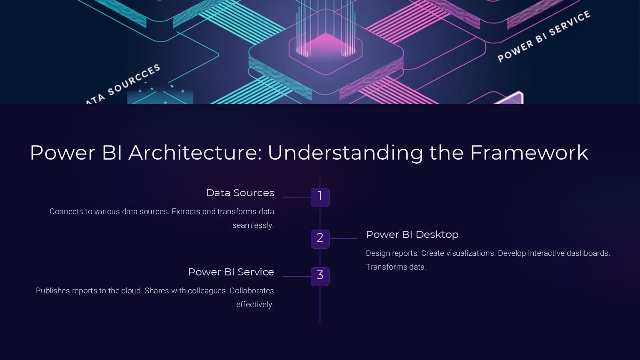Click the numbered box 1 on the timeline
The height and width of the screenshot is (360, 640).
(x=320, y=197)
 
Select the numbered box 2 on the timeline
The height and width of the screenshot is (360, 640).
(x=320, y=239)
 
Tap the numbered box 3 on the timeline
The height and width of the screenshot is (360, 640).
(x=320, y=276)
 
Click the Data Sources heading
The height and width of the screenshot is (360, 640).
(x=240, y=193)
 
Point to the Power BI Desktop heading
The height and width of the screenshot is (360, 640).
(x=412, y=235)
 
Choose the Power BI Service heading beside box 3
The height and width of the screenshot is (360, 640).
(x=231, y=272)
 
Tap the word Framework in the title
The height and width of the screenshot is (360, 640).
(x=529, y=152)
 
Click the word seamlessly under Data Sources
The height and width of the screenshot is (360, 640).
(x=253, y=225)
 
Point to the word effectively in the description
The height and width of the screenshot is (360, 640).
(x=255, y=305)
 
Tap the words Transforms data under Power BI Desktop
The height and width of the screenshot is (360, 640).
(x=396, y=267)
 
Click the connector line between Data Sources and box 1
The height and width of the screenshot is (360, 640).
(x=297, y=197)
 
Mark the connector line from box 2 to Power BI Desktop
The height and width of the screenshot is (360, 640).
(x=343, y=239)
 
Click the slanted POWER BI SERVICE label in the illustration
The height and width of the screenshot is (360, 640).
(x=544, y=37)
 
